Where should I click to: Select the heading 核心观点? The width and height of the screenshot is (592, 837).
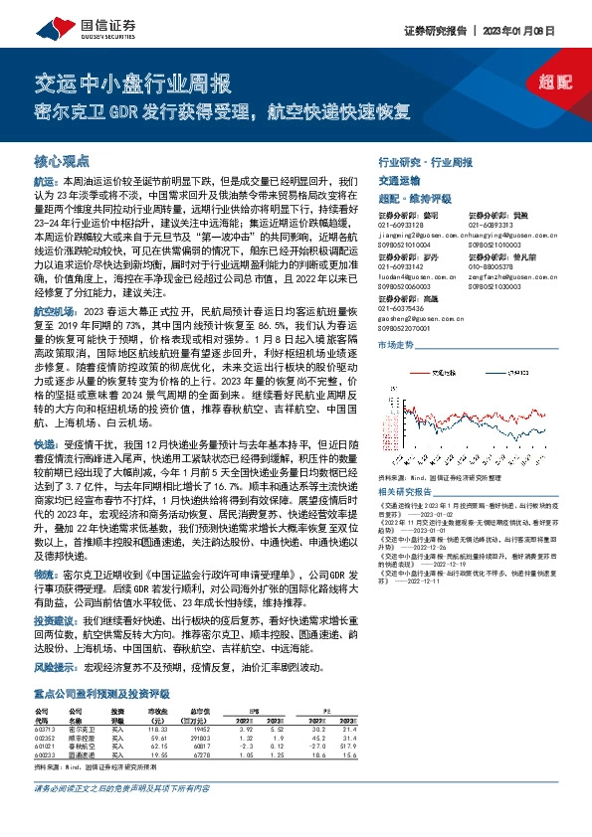(x=62, y=159)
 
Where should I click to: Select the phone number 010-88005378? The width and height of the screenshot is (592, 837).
(x=491, y=266)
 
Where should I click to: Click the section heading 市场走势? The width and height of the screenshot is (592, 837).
(x=397, y=344)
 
